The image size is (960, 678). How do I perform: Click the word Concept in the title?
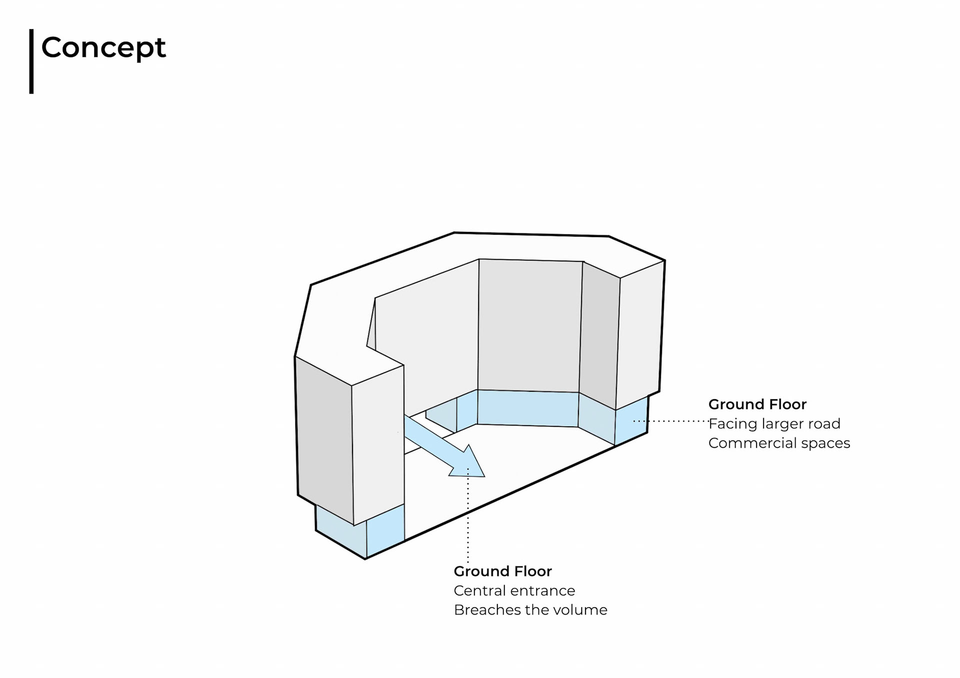(x=103, y=48)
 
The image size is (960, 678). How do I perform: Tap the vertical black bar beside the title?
(x=31, y=61)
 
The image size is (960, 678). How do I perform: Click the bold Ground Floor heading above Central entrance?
(x=502, y=571)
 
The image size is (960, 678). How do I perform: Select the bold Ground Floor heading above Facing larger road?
(x=757, y=404)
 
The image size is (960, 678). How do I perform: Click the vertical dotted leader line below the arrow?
(x=468, y=525)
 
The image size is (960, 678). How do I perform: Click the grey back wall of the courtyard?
(x=529, y=325)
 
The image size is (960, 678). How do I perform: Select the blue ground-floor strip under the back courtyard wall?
(x=527, y=408)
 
